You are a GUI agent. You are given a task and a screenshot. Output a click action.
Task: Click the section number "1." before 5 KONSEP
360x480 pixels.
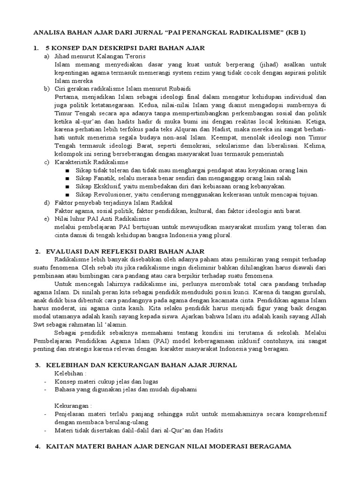pyautogui.click(x=36, y=48)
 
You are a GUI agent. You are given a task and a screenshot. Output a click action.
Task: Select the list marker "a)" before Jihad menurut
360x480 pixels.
pyautogui.click(x=46, y=56)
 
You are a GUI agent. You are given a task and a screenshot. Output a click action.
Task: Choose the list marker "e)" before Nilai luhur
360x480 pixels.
pyautogui.click(x=46, y=218)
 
